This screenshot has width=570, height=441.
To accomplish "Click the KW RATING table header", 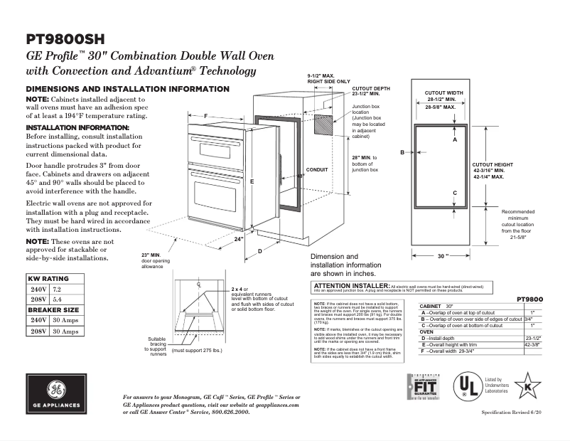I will click(48, 278).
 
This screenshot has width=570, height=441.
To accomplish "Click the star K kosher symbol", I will click(527, 387).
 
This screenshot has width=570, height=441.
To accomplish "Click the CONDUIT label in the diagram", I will click(317, 170).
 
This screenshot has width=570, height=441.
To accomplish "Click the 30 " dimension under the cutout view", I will click(444, 255).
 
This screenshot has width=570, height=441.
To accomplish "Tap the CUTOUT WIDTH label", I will click(443, 93).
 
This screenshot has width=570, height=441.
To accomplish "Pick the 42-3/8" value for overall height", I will click(532, 344).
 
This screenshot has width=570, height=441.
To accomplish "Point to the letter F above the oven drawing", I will click(205, 116).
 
